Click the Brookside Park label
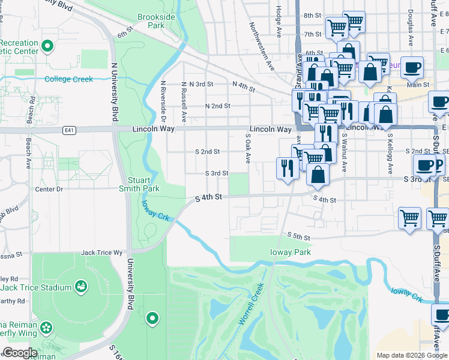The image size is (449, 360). coord(156,22)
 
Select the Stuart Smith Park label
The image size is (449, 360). coord(143,184)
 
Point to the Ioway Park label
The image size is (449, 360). coord(291,252)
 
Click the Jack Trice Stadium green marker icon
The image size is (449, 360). coord(80,287)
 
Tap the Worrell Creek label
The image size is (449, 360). coord(251,304)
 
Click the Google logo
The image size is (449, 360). coord(20,353)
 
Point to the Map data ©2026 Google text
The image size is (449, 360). coord(411,355)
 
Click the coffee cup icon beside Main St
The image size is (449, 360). coord(412,68)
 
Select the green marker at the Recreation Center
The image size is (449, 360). coord(50,46)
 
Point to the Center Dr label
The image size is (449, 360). coord(49,189)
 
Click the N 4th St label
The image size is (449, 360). coord(243,88)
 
